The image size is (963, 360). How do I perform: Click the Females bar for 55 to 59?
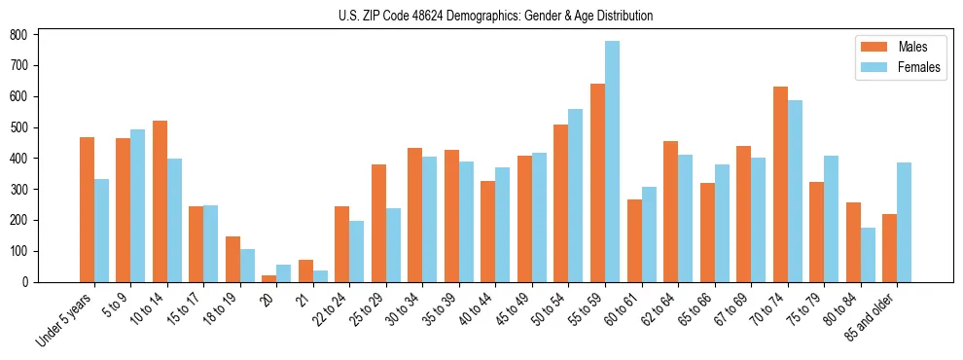click(x=612, y=162)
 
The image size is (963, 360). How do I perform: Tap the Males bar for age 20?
click(x=269, y=278)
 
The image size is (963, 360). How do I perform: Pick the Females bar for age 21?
click(x=320, y=276)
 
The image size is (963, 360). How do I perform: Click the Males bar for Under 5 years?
click(x=87, y=209)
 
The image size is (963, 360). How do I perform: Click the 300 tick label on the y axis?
click(x=28, y=189)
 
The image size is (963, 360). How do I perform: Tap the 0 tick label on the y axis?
click(x=33, y=282)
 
